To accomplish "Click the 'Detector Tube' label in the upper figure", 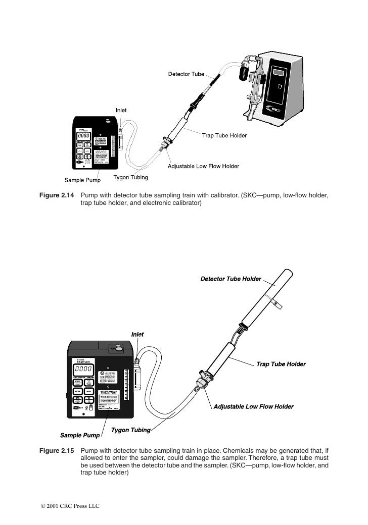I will (186, 74).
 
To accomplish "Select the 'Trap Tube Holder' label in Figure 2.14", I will (224, 135).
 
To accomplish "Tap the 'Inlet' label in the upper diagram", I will (121, 110).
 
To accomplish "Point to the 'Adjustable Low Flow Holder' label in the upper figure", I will (204, 166).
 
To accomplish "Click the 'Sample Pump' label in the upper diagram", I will (82, 180).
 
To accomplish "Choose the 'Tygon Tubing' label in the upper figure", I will (130, 178).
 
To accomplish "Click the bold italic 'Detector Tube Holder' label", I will (231, 279).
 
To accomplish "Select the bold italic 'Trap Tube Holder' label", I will (281, 363).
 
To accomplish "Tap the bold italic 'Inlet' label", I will (137, 334).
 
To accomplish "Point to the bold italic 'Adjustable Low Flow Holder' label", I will (253, 406).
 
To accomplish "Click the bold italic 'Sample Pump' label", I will (80, 435).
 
